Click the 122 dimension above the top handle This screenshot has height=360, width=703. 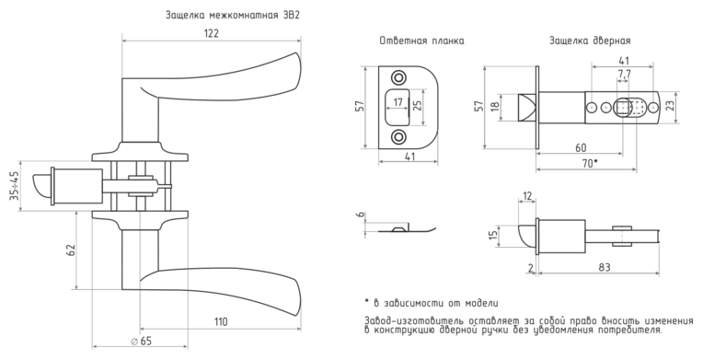click(211, 34)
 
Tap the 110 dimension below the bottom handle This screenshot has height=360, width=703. click(221, 322)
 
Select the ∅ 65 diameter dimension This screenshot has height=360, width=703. click(141, 342)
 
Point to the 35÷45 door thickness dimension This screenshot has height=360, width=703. click(15, 185)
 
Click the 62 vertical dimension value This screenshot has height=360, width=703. click(70, 250)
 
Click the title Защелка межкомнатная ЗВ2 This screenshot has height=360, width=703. click(233, 16)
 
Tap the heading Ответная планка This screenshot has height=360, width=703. click(421, 41)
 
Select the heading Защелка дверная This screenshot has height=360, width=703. click(590, 41)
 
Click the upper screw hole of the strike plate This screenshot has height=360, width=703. click(398, 77)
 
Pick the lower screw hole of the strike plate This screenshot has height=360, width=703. click(398, 136)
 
